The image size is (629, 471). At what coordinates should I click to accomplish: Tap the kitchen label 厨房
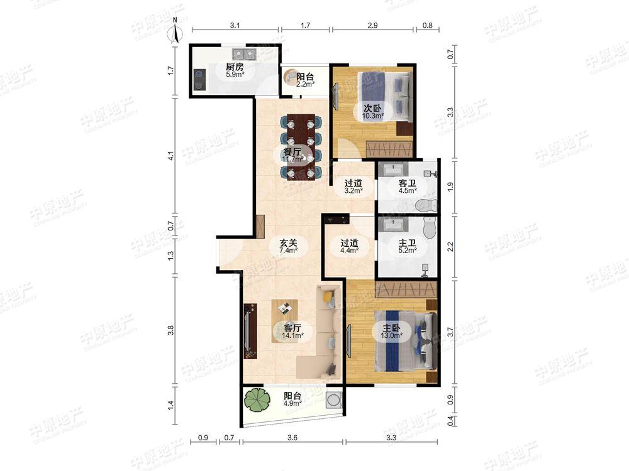pyautogui.click(x=234, y=67)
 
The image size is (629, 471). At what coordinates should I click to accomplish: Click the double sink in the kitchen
pyautogui.click(x=243, y=53)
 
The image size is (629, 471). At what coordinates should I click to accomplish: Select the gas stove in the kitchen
pyautogui.click(x=199, y=80)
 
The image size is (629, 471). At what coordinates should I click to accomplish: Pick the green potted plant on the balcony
pyautogui.click(x=257, y=400)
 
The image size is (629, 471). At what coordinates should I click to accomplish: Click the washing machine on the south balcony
pyautogui.click(x=334, y=399)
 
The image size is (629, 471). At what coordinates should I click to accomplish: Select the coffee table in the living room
pyautogui.click(x=285, y=321)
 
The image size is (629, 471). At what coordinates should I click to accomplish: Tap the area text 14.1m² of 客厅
pyautogui.click(x=292, y=335)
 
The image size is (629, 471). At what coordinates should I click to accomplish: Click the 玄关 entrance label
pyautogui.click(x=289, y=242)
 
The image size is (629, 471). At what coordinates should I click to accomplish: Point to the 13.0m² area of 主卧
pyautogui.click(x=391, y=335)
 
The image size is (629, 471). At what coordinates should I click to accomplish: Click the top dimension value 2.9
pyautogui.click(x=372, y=25)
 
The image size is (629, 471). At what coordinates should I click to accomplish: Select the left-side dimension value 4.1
pyautogui.click(x=171, y=156)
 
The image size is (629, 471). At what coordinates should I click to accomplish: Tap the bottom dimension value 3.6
pyautogui.click(x=292, y=437)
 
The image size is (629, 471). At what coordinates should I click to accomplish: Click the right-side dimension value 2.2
pyautogui.click(x=450, y=247)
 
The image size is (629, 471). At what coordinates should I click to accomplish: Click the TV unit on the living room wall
pyautogui.click(x=250, y=332)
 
